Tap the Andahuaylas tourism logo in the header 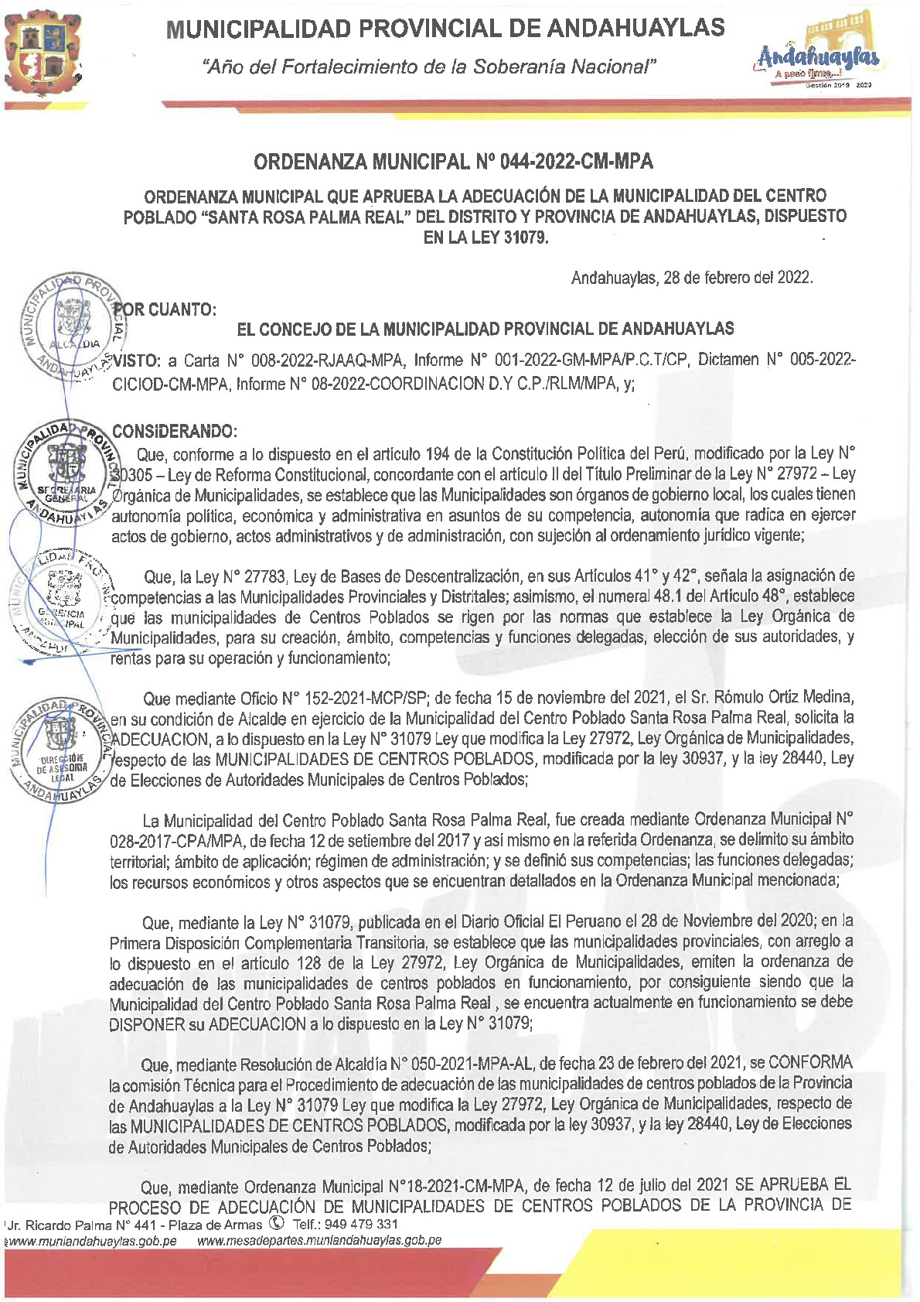click(x=818, y=54)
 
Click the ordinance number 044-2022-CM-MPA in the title click(x=576, y=162)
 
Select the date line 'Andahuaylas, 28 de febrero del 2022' click(x=691, y=278)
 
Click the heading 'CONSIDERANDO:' click(x=175, y=430)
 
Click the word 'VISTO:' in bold click(x=137, y=361)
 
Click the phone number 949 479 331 click(x=362, y=1224)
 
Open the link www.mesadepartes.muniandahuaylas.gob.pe click(x=319, y=1240)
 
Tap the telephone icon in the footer click(x=276, y=1224)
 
